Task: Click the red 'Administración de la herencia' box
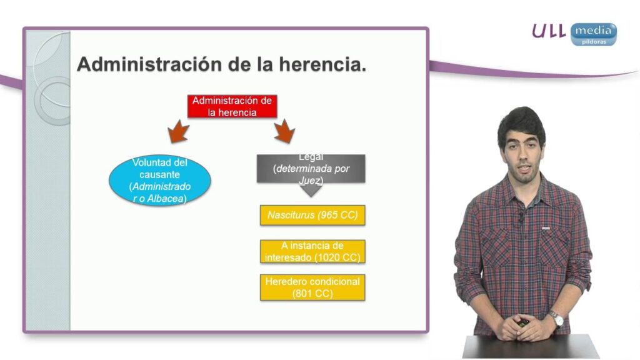[232, 106]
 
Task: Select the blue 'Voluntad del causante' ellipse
[159, 180]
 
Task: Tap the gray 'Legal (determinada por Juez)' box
[311, 169]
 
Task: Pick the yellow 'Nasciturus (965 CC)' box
[312, 215]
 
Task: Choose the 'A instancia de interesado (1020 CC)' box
[312, 251]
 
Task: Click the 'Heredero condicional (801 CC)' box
[312, 287]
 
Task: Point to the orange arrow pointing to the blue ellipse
[178, 131]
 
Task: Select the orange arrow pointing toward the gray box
[284, 131]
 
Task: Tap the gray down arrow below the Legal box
[311, 190]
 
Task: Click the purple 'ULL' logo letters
[549, 31]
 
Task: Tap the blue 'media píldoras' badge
[594, 34]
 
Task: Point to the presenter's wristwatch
[556, 318]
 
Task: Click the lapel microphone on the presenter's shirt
[521, 218]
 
